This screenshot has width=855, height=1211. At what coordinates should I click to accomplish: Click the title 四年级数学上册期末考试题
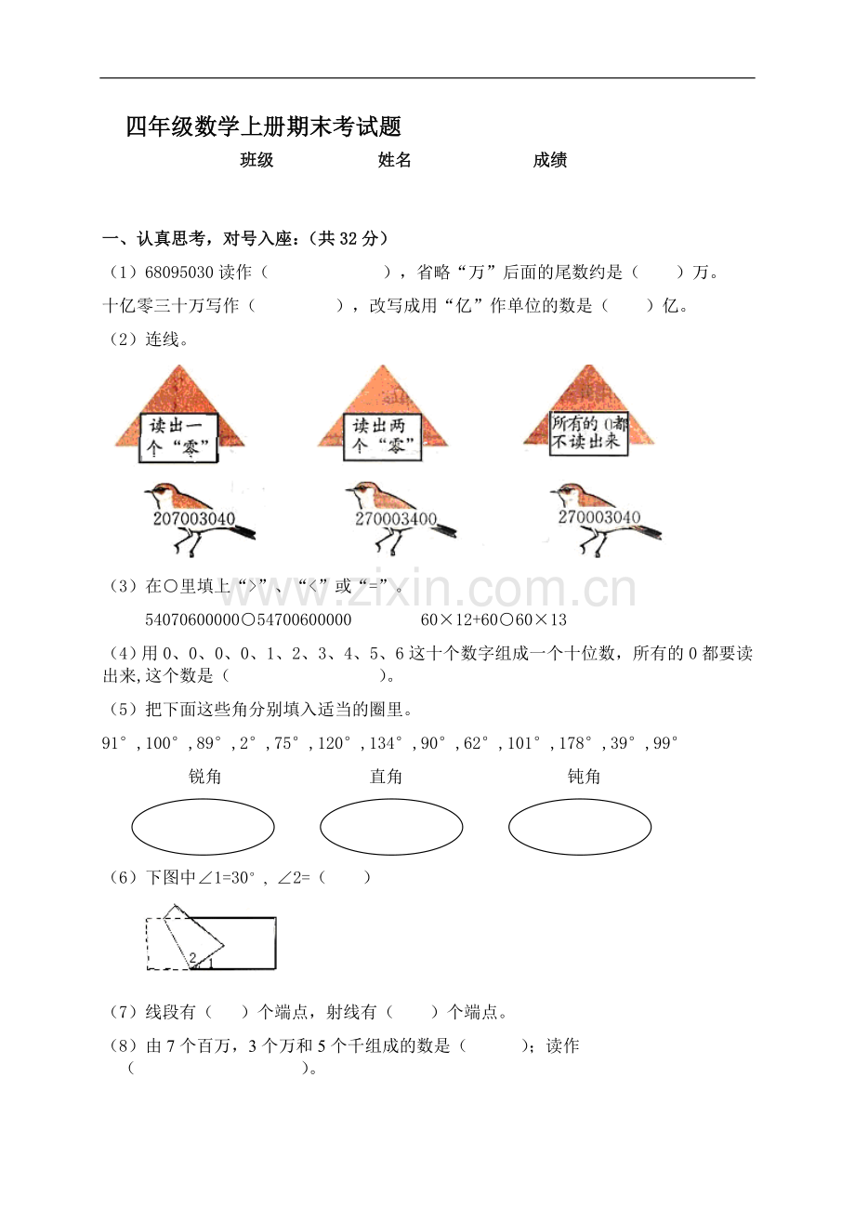point(263,127)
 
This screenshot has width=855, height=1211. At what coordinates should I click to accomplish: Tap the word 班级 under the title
point(256,160)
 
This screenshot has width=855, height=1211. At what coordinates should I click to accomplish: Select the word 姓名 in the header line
point(394,160)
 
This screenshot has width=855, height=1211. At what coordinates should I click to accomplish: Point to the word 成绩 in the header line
point(550,160)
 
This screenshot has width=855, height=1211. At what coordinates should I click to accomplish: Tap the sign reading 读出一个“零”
point(179,436)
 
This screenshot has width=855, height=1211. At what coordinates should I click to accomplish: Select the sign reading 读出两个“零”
point(383,435)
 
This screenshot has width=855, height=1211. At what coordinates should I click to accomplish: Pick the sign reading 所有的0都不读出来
point(588,432)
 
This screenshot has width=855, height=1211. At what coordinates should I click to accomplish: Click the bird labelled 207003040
point(198,518)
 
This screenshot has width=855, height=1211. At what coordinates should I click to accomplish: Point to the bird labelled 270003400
point(398,517)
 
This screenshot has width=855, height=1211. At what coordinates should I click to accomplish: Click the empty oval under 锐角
point(203,827)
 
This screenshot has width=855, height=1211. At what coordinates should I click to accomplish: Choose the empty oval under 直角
point(391,827)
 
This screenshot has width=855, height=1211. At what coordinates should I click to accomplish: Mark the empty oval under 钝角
point(580,827)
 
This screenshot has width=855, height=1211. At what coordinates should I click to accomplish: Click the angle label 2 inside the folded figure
point(192,957)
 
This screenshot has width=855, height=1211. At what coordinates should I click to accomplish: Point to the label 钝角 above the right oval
point(584,777)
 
